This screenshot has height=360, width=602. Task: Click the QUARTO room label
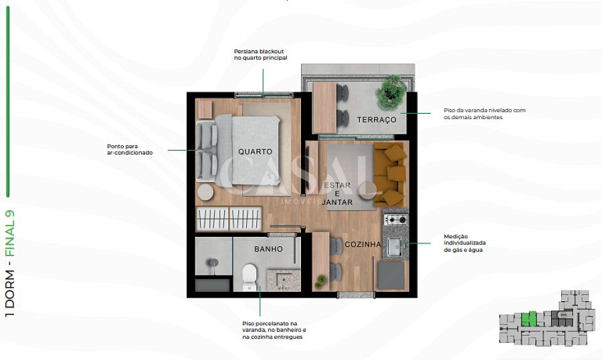(x=255, y=152)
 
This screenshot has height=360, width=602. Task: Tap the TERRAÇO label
(x=376, y=120)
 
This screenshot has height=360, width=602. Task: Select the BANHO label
(x=268, y=249)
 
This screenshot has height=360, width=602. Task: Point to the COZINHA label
(x=363, y=244)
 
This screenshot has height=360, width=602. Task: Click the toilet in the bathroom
(x=249, y=277)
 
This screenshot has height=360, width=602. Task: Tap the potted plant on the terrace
(x=391, y=92)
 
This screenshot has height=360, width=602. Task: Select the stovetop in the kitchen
(x=396, y=219)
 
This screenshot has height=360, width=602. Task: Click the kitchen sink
(x=395, y=247)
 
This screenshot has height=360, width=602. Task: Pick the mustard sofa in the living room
(x=390, y=174)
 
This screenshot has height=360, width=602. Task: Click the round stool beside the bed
(x=205, y=192)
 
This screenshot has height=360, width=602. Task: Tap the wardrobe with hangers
(x=229, y=219)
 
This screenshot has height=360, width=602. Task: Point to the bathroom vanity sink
(x=284, y=280)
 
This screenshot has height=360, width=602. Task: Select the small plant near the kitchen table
(x=320, y=282)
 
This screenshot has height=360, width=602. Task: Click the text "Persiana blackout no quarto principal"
(x=261, y=55)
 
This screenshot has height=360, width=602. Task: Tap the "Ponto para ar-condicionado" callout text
(x=130, y=149)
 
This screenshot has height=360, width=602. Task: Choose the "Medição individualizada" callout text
(x=465, y=240)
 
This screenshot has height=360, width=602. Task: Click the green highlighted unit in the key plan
(x=528, y=319)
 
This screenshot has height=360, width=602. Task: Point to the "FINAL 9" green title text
(x=9, y=234)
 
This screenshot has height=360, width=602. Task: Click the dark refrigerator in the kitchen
(x=391, y=276)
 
